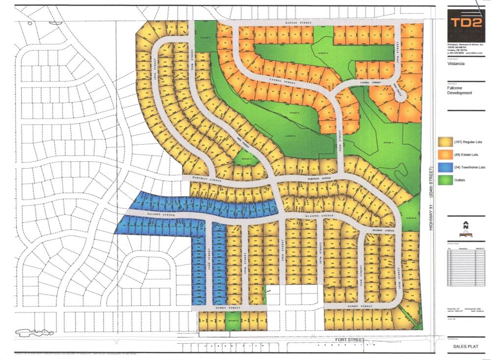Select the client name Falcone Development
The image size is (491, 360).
(460, 90)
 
